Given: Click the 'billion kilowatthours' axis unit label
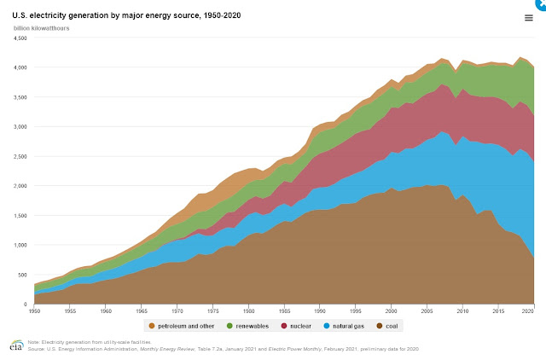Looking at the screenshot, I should (x=42, y=28).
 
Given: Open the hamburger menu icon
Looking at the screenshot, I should (x=529, y=18).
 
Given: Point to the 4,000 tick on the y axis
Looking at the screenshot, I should (x=20, y=67).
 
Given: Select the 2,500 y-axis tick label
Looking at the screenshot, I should (x=20, y=156).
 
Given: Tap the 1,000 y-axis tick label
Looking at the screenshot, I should (x=20, y=245).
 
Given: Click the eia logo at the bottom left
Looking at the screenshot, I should (x=15, y=345).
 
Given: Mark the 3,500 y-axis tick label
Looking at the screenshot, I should (x=20, y=97).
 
